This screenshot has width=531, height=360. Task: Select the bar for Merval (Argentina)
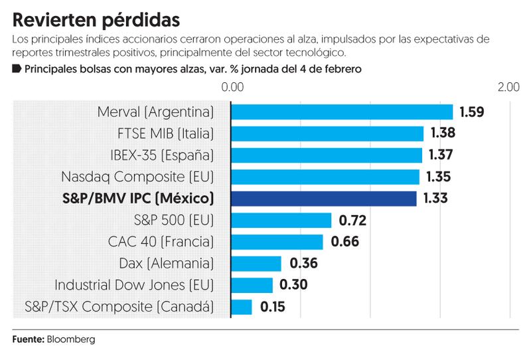click(342, 112)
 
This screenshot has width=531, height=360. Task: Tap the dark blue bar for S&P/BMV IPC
click(324, 199)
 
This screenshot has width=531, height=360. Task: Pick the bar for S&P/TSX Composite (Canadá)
click(242, 307)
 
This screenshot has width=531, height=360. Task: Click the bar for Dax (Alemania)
click(256, 264)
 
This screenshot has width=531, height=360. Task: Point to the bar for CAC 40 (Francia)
click(277, 242)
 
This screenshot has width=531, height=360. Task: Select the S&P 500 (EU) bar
click(281, 220)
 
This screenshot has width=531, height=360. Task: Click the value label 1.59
click(472, 112)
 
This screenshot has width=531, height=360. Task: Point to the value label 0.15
click(273, 307)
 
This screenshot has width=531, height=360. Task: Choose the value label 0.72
click(352, 220)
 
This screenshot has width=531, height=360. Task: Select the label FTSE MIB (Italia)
click(165, 134)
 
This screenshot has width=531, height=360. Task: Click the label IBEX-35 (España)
click(162, 155)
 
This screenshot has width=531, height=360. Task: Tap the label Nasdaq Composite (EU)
click(137, 177)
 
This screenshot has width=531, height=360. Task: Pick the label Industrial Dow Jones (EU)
click(134, 285)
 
